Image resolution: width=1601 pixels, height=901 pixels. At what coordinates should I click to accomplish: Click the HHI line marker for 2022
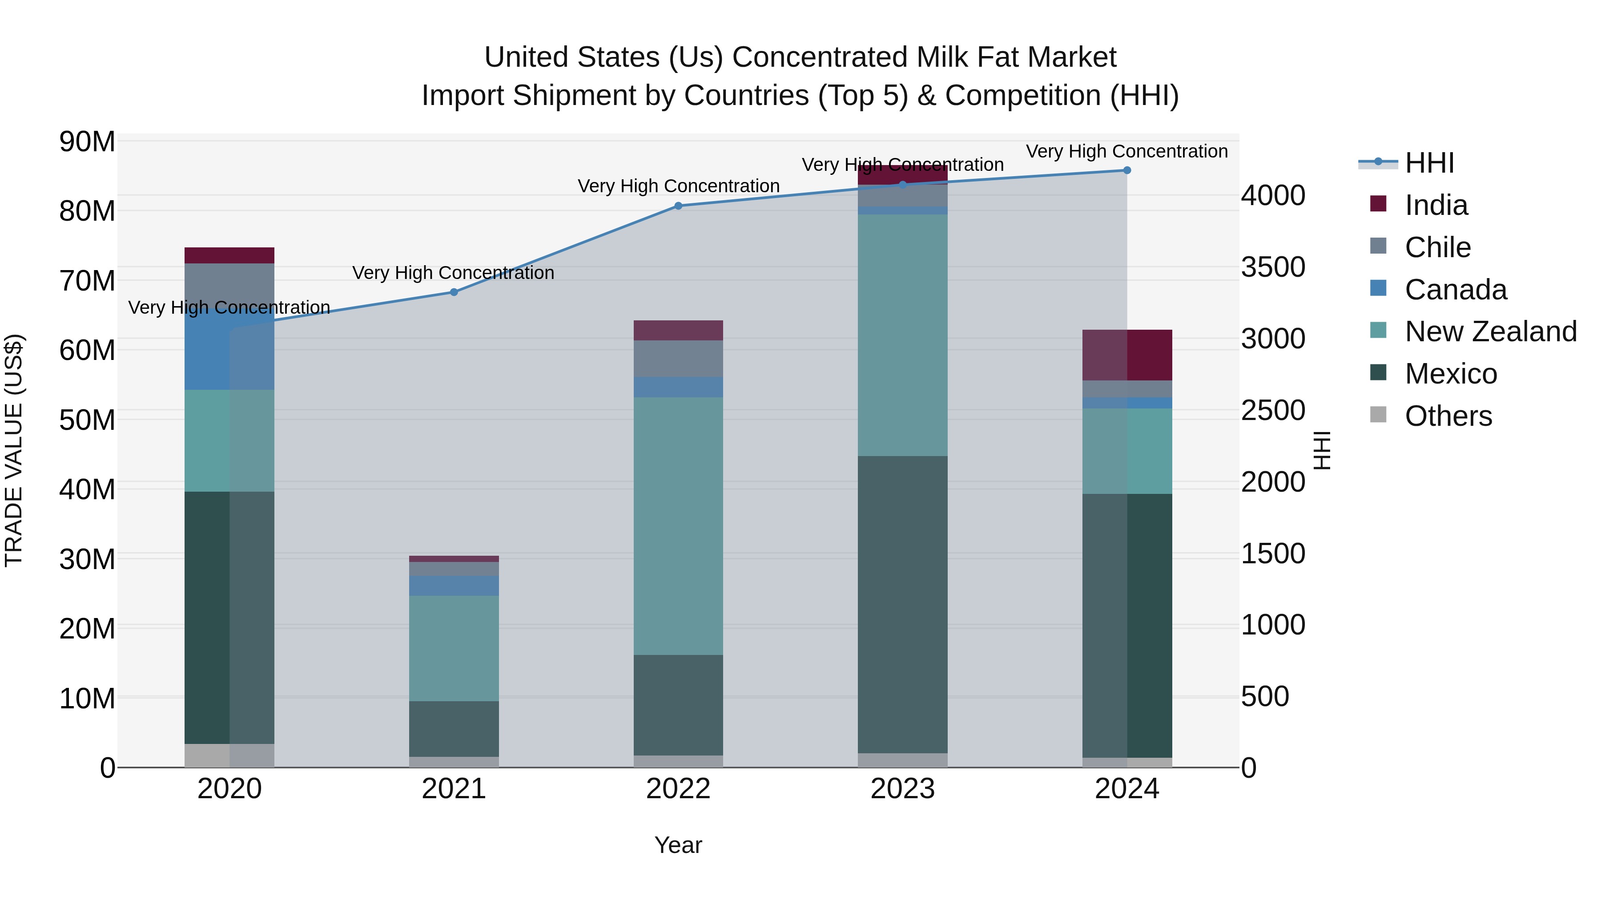[678, 206]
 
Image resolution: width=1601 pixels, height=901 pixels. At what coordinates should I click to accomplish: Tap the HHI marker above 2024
[1127, 170]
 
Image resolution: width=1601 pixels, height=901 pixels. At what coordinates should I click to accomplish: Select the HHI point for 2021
[454, 292]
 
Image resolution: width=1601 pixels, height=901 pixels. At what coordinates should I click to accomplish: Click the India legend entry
[1436, 205]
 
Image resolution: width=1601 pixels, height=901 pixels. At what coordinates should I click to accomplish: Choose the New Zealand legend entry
[1490, 331]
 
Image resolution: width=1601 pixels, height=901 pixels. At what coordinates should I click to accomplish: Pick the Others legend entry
[1448, 416]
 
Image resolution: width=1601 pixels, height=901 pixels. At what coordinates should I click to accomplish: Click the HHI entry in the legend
[1429, 163]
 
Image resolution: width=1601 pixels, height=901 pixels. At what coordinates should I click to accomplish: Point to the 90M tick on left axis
[87, 142]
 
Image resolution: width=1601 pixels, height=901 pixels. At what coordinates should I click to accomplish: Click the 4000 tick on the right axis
[1273, 195]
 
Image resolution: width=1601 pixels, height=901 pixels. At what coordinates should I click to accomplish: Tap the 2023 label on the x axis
[902, 789]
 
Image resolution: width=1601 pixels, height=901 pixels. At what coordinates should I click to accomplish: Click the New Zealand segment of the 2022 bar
[678, 525]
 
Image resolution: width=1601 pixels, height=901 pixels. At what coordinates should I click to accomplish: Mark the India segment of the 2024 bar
[1127, 355]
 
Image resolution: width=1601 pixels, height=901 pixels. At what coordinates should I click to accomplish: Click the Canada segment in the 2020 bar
[229, 348]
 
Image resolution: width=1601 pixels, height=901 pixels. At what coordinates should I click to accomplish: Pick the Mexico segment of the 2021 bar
[454, 729]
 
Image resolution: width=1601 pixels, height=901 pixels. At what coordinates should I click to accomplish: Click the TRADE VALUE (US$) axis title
[14, 450]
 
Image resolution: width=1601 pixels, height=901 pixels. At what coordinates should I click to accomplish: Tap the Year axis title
[678, 845]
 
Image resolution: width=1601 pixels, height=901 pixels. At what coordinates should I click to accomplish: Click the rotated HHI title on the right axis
[1322, 450]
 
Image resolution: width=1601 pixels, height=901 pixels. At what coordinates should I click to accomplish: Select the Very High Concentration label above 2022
[678, 186]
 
